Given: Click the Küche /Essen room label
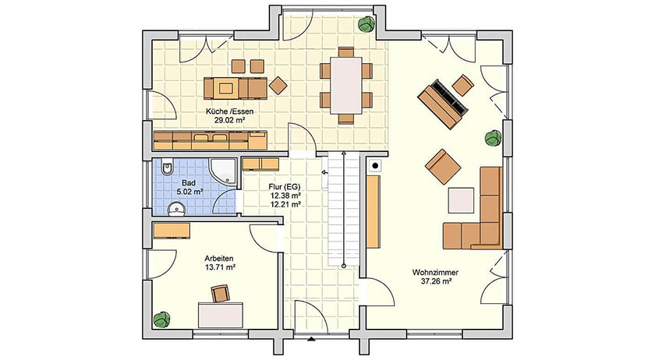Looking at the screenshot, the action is [229, 111].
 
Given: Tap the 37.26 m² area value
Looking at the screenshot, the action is [436, 281].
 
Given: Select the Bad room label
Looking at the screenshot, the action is [189, 183].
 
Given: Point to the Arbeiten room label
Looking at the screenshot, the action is [219, 259].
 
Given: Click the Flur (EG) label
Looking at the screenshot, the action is [285, 186].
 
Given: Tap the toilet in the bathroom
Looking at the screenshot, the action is [166, 168].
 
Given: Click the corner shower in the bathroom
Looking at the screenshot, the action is [225, 171].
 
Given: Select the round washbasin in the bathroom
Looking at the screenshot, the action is [177, 209].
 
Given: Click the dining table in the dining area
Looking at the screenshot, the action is [346, 85].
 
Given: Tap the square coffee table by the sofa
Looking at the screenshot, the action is [461, 200].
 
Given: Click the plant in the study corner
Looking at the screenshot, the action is [161, 319].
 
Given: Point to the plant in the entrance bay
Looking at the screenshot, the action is [366, 24].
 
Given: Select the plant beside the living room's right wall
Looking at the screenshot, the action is [494, 138].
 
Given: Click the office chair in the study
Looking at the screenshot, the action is [220, 293].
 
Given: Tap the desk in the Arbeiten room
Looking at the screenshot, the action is [221, 315].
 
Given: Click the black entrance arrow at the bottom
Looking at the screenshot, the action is [311, 339].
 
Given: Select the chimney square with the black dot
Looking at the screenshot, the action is [375, 166].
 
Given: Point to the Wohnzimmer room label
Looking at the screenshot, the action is [435, 272].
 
